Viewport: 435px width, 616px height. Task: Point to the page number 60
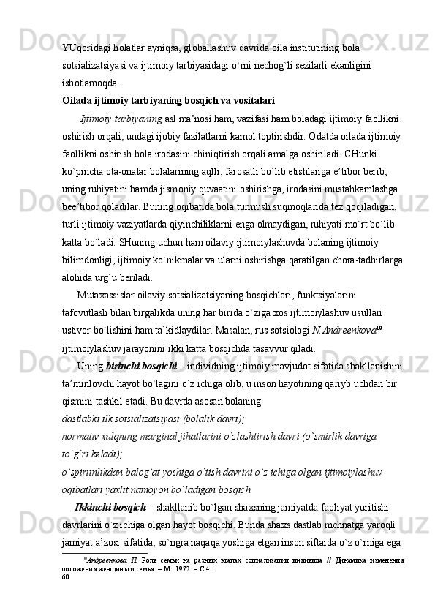[x=66, y=577]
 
